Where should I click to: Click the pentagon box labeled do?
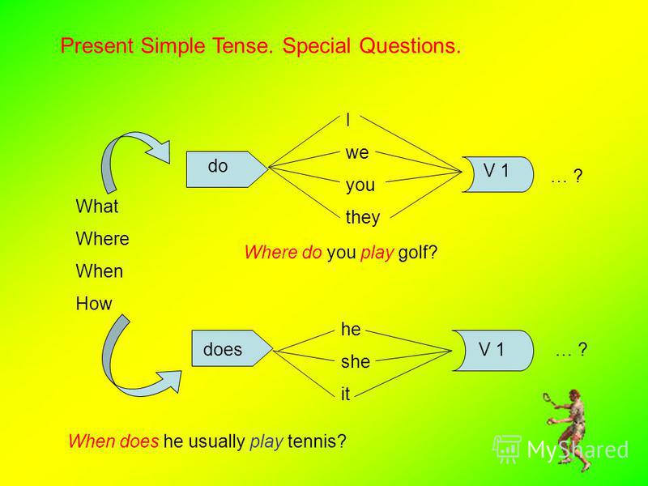pyautogui.click(x=227, y=169)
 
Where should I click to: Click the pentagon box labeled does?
pyautogui.click(x=232, y=348)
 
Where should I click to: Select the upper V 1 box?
pyautogui.click(x=498, y=174)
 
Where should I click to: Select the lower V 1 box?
pyautogui.click(x=492, y=351)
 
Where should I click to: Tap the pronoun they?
pyautogui.click(x=363, y=217)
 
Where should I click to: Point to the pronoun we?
pyautogui.click(x=357, y=153)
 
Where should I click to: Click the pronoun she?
pyautogui.click(x=356, y=361)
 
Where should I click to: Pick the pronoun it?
pyautogui.click(x=346, y=394)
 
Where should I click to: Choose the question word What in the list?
pyautogui.click(x=97, y=207)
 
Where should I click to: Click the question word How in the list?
pyautogui.click(x=94, y=304)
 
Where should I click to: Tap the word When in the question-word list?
pyautogui.click(x=100, y=271)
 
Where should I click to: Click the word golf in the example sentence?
pyautogui.click(x=417, y=253)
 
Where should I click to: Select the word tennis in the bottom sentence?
pyautogui.click(x=317, y=441)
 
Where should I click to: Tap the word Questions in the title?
pyautogui.click(x=410, y=45)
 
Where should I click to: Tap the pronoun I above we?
pyautogui.click(x=348, y=120)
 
